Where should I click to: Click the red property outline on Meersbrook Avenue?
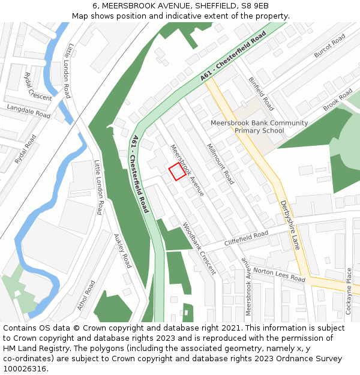pyautogui.click(x=176, y=172)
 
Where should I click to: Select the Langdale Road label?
pyautogui.click(x=29, y=110)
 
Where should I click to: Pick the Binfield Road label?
pyautogui.click(x=261, y=93)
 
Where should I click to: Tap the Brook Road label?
pyautogui.click(x=338, y=100)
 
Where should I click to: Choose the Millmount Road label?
pyautogui.click(x=220, y=163)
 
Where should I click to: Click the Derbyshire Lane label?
pyautogui.click(x=290, y=225)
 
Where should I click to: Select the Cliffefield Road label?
pyautogui.click(x=247, y=238)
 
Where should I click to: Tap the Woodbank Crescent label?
pyautogui.click(x=199, y=248)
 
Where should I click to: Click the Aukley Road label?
pyautogui.click(x=122, y=251)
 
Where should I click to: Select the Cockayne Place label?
pyautogui.click(x=349, y=291)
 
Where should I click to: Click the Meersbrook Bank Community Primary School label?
pyautogui.click(x=259, y=127)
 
